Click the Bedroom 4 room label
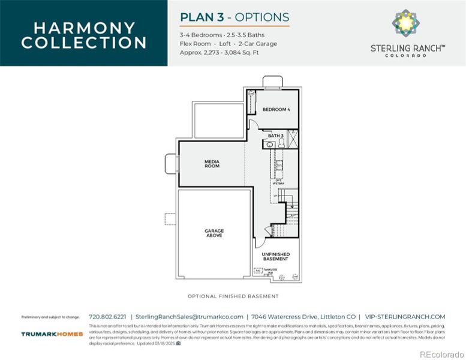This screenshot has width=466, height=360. tap(276, 110)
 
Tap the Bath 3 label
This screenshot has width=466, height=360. tap(275, 136)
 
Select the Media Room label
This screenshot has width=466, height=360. tap(212, 163)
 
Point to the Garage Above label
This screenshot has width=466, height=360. tap(214, 233)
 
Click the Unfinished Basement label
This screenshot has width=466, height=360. tap(275, 257)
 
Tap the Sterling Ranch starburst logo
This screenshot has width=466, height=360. tap(407, 23)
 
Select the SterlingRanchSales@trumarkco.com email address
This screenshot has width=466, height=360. tap(190, 316)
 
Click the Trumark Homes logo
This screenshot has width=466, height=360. tap(52, 334)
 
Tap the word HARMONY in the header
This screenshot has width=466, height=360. tap(83, 28)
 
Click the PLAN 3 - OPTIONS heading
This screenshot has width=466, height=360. tap(234, 17)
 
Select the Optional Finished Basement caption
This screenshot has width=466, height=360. tap(233, 296)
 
